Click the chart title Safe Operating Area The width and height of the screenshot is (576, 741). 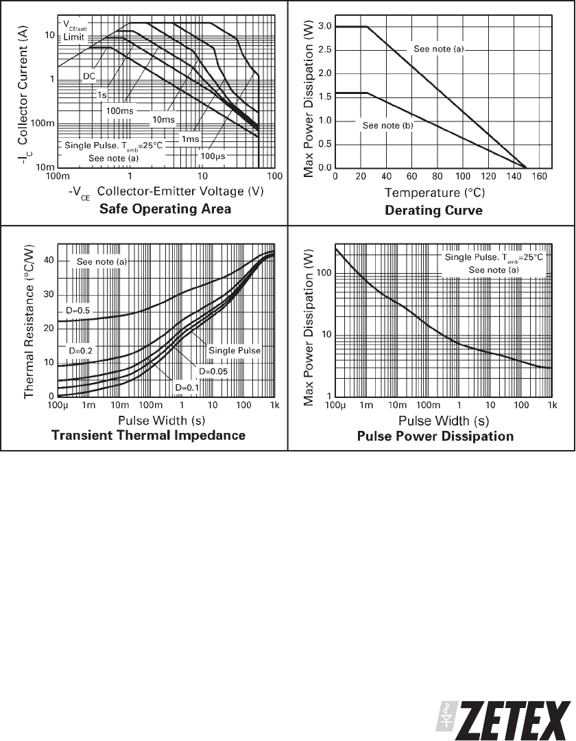(165, 209)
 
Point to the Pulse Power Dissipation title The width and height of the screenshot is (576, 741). (435, 436)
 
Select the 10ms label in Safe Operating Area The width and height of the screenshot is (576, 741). (163, 120)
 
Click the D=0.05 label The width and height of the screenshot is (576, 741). (213, 371)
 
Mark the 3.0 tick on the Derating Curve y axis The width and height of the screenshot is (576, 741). (324, 27)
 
